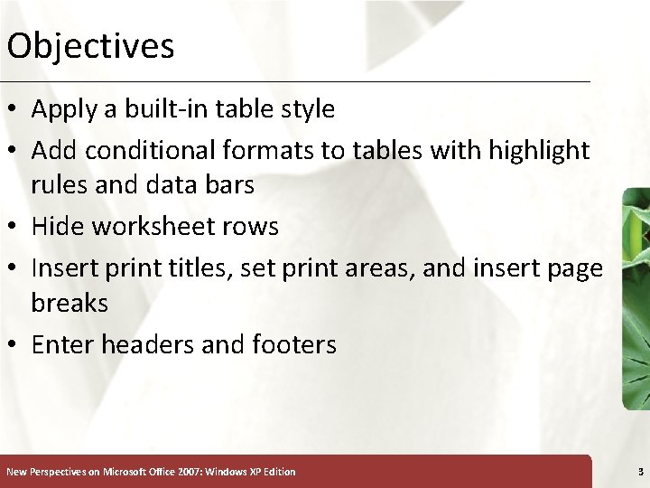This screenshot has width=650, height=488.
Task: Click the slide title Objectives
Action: point(89,45)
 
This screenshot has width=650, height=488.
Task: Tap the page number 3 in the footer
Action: point(640,472)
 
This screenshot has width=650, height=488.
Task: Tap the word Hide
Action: point(60,226)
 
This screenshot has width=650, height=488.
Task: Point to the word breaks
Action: point(70,303)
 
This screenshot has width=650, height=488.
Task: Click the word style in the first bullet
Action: point(307,109)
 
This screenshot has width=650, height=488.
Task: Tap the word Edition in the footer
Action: point(277,472)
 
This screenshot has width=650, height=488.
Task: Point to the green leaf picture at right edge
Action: point(636,298)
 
